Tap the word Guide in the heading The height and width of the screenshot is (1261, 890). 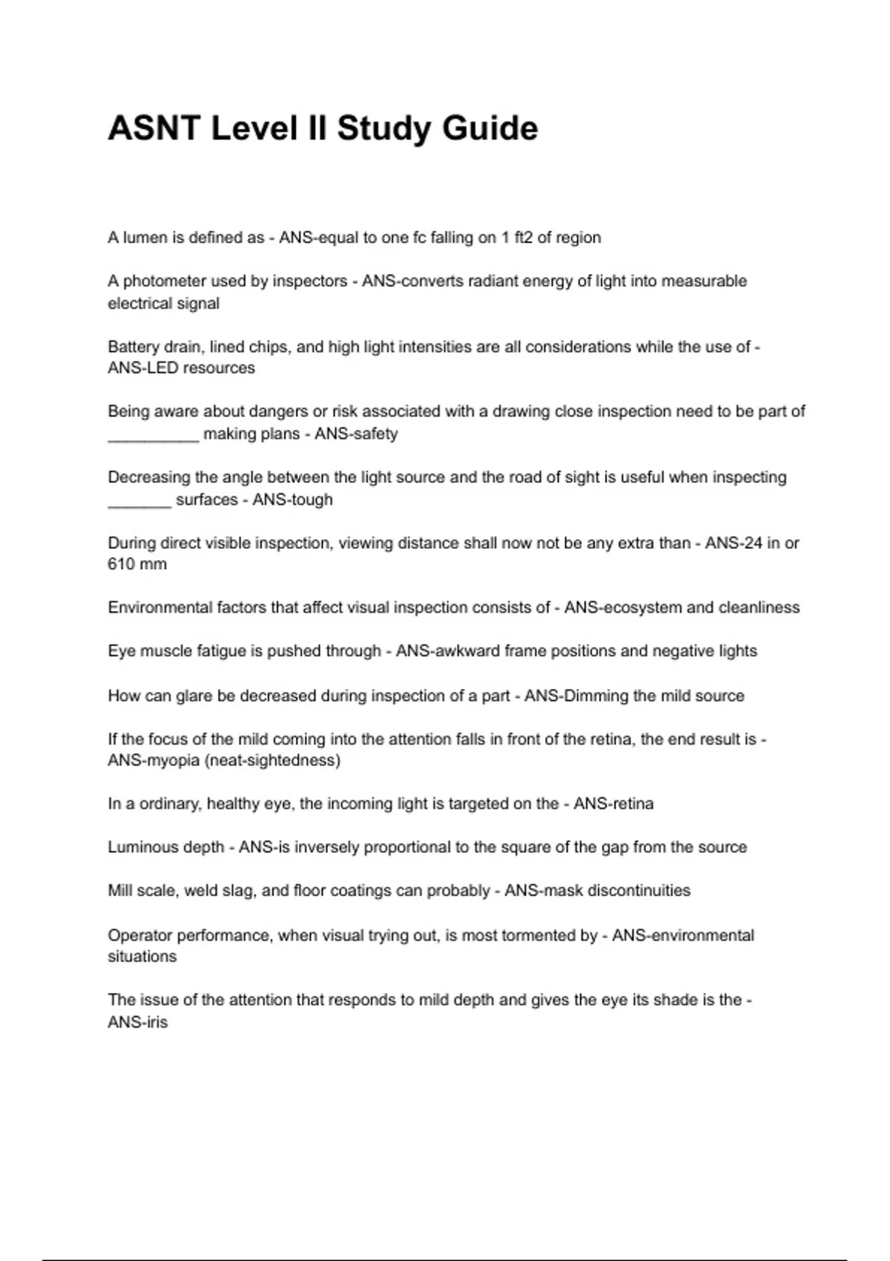coord(490,128)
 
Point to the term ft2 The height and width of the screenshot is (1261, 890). coord(523,237)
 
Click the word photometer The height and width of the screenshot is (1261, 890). coord(164,281)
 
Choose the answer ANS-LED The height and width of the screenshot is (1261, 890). coord(138,368)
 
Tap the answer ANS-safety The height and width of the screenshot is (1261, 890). coord(356,433)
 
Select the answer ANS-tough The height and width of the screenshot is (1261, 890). coord(292,499)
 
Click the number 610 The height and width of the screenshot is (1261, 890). coord(120,564)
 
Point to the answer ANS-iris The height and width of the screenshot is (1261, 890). coord(138,1022)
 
